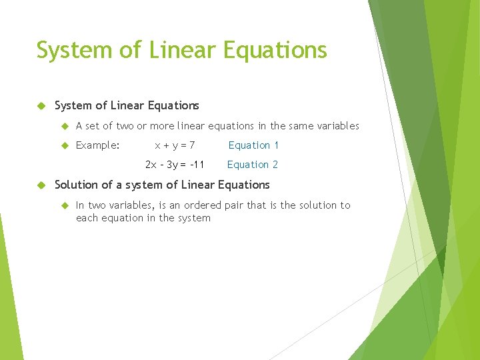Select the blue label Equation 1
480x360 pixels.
click(253, 145)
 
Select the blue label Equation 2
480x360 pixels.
click(253, 165)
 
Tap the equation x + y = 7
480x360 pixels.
click(175, 145)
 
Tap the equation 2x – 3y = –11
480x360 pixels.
click(175, 165)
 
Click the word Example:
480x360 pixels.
click(98, 145)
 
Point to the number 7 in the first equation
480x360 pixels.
click(192, 145)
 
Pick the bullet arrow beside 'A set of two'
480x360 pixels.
click(65, 126)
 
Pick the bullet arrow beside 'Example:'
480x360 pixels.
click(65, 145)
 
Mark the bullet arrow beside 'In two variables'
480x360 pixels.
click(65, 205)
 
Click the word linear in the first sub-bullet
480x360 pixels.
click(192, 126)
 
